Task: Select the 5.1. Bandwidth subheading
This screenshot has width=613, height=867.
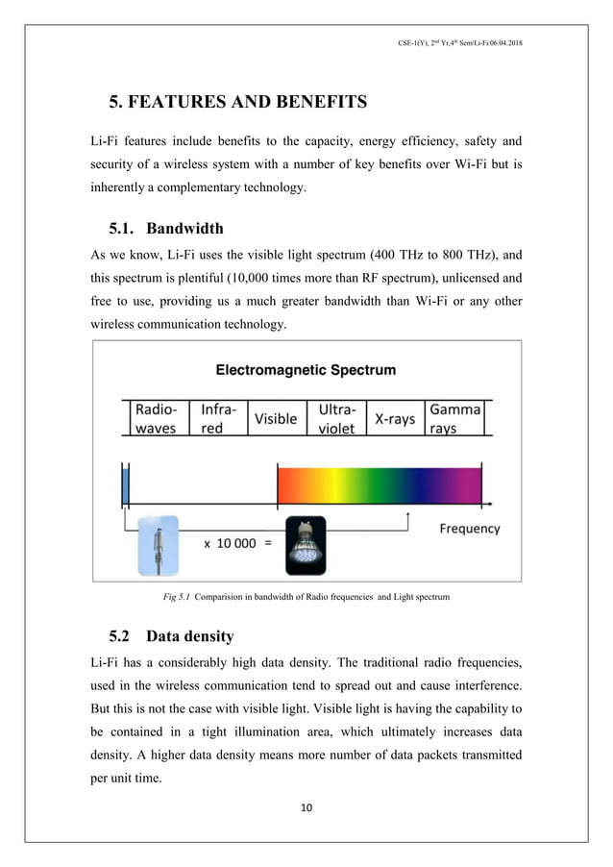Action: tap(166, 229)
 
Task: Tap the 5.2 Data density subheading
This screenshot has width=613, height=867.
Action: tap(171, 635)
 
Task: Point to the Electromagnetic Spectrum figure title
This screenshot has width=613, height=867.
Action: tap(306, 370)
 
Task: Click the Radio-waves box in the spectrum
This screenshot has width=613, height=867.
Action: tap(156, 418)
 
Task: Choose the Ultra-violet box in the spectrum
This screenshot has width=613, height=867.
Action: tap(335, 418)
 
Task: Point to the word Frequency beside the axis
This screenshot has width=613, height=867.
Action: tap(470, 528)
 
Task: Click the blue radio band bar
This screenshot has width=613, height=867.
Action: tap(125, 483)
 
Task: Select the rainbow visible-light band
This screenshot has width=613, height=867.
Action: tap(379, 483)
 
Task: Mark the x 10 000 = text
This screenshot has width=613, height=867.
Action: tap(237, 543)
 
